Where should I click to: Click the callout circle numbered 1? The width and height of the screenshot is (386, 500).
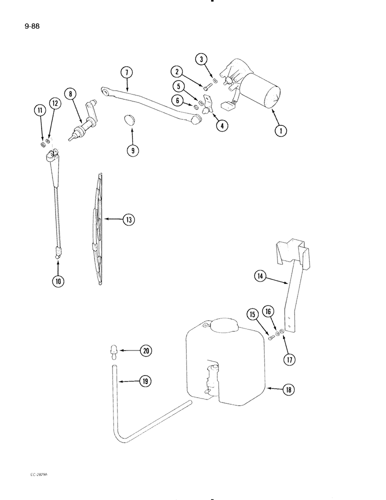pos(281,131)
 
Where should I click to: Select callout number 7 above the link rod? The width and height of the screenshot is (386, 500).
pos(127,73)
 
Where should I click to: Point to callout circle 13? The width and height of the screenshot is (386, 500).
pos(128,219)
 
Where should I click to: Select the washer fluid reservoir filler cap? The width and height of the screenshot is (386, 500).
pos(223,325)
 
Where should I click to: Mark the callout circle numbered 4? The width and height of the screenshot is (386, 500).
pos(220,126)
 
